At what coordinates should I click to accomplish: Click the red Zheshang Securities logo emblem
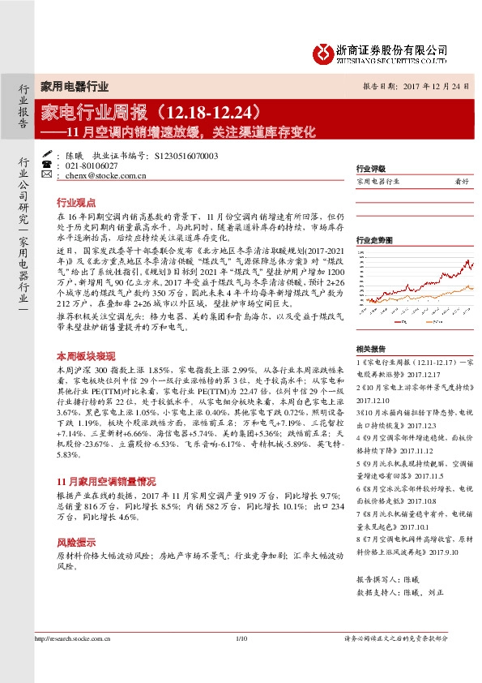pyautogui.click(x=323, y=54)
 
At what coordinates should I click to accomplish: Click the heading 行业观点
pyautogui.click(x=75, y=202)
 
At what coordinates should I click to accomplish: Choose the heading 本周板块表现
pyautogui.click(x=82, y=356)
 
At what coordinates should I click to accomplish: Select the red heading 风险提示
pyautogui.click(x=75, y=542)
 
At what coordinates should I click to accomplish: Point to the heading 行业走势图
pyautogui.click(x=374, y=240)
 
